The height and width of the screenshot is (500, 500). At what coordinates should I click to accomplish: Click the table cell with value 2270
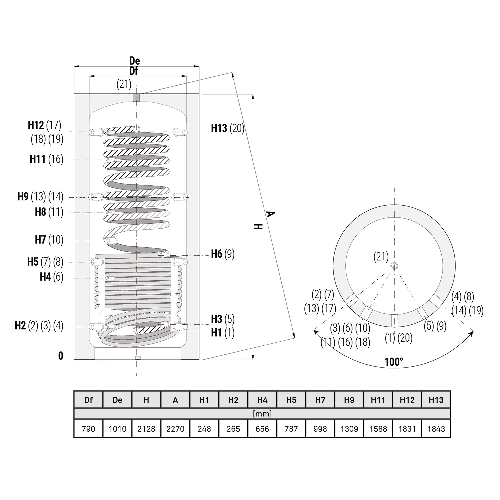(175, 429)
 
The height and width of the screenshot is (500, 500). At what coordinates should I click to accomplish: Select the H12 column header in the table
(407, 400)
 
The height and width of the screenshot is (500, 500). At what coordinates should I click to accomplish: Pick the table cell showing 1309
(349, 429)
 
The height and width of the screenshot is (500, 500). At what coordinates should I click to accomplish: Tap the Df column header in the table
(88, 400)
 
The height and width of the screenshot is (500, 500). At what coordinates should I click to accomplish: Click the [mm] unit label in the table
(262, 414)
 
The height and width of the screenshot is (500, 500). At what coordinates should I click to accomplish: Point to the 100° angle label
(394, 362)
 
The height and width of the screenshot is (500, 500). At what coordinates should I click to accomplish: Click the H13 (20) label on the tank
(228, 128)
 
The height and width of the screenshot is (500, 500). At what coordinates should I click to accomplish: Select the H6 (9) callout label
(223, 254)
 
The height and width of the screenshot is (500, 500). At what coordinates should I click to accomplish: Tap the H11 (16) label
(46, 159)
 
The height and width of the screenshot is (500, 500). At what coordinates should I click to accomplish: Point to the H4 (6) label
(51, 277)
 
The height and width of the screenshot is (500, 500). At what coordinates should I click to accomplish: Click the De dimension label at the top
(135, 61)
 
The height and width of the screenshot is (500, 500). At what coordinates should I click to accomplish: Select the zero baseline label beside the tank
(61, 356)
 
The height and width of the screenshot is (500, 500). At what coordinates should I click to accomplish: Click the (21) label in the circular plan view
(381, 257)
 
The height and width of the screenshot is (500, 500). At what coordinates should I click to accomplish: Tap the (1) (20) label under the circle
(399, 338)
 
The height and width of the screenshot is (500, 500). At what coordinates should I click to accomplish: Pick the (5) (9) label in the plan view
(435, 326)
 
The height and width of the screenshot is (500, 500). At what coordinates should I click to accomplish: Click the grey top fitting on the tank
(137, 98)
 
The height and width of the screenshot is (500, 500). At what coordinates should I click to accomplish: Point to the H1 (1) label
(223, 332)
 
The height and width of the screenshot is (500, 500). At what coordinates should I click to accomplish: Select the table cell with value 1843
(436, 429)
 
